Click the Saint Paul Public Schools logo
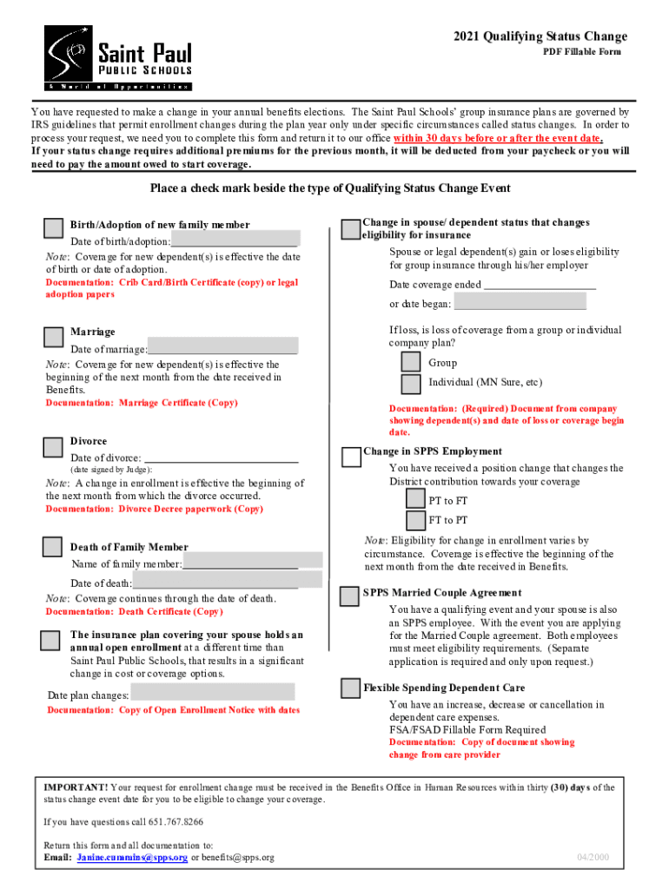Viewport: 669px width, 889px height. pyautogui.click(x=118, y=57)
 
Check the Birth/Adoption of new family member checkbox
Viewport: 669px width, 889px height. pyautogui.click(x=53, y=227)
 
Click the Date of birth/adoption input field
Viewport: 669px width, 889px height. pyautogui.click(x=235, y=240)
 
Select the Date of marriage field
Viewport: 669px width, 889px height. pyautogui.click(x=222, y=348)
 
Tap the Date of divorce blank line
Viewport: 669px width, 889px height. pyautogui.click(x=221, y=458)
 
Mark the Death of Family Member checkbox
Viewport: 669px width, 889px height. pyautogui.click(x=53, y=547)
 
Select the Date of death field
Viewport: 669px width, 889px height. pyautogui.click(x=227, y=581)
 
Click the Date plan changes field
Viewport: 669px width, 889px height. pyautogui.click(x=212, y=692)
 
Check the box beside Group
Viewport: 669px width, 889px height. pyautogui.click(x=412, y=362)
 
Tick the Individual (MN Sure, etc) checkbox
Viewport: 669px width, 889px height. pyautogui.click(x=412, y=384)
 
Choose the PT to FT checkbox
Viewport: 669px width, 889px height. pyautogui.click(x=416, y=500)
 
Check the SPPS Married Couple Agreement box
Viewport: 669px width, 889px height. pyautogui.click(x=350, y=596)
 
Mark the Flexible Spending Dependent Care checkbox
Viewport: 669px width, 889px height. pyautogui.click(x=350, y=688)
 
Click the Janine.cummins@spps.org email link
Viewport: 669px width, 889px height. pyautogui.click(x=132, y=857)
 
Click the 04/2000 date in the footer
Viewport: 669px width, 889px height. pyautogui.click(x=593, y=857)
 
